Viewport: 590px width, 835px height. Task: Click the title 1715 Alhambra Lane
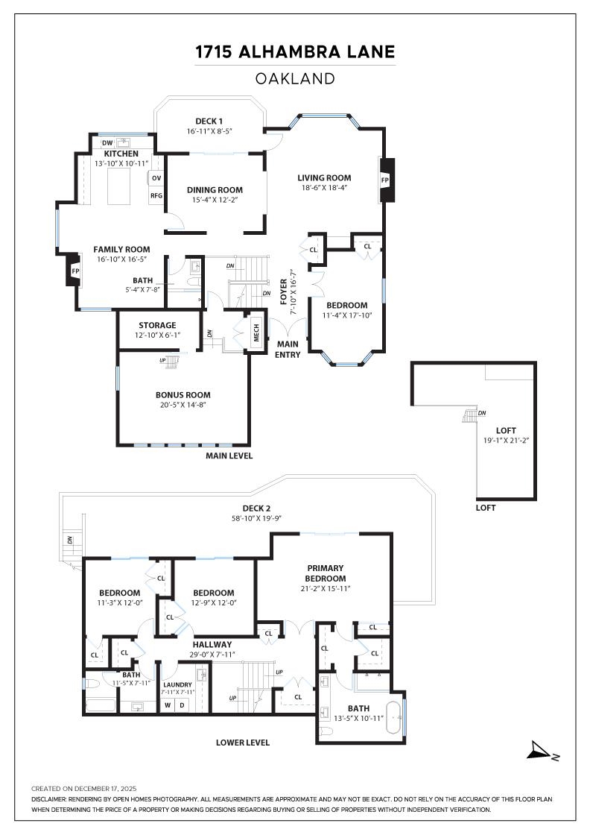click(x=295, y=52)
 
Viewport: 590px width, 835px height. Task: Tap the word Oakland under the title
click(x=295, y=78)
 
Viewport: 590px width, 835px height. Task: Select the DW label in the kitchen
click(x=107, y=142)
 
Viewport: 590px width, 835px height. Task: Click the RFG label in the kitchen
click(x=156, y=195)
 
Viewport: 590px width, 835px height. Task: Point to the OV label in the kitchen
click(x=156, y=178)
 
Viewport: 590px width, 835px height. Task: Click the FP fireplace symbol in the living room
click(x=385, y=180)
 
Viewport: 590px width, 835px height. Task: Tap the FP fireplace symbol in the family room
click(x=75, y=271)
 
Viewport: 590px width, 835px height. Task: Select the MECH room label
click(x=256, y=333)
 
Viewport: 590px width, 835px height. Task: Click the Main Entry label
click(x=288, y=349)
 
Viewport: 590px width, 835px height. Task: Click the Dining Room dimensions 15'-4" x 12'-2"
click(x=215, y=200)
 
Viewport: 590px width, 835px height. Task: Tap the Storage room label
click(x=157, y=325)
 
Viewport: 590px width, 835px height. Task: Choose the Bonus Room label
click(x=183, y=394)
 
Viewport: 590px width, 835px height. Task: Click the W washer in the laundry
click(x=168, y=705)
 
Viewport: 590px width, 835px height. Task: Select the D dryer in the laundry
click(x=182, y=705)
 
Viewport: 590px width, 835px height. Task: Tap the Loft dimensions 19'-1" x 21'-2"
click(x=506, y=440)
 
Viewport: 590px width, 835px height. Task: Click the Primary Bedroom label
click(x=326, y=573)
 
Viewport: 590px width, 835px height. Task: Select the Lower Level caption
click(x=243, y=743)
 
